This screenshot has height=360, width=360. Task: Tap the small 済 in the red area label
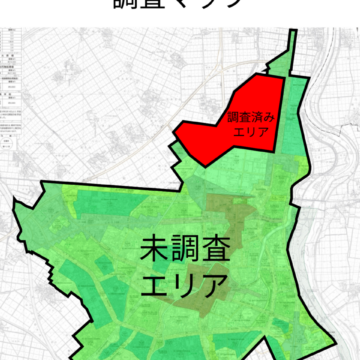point(261,116)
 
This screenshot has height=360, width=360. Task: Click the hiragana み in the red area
point(273,116)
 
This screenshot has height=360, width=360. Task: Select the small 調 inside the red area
point(236,116)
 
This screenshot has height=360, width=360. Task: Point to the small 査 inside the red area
point(248,116)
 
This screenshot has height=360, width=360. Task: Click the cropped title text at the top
point(180,6)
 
